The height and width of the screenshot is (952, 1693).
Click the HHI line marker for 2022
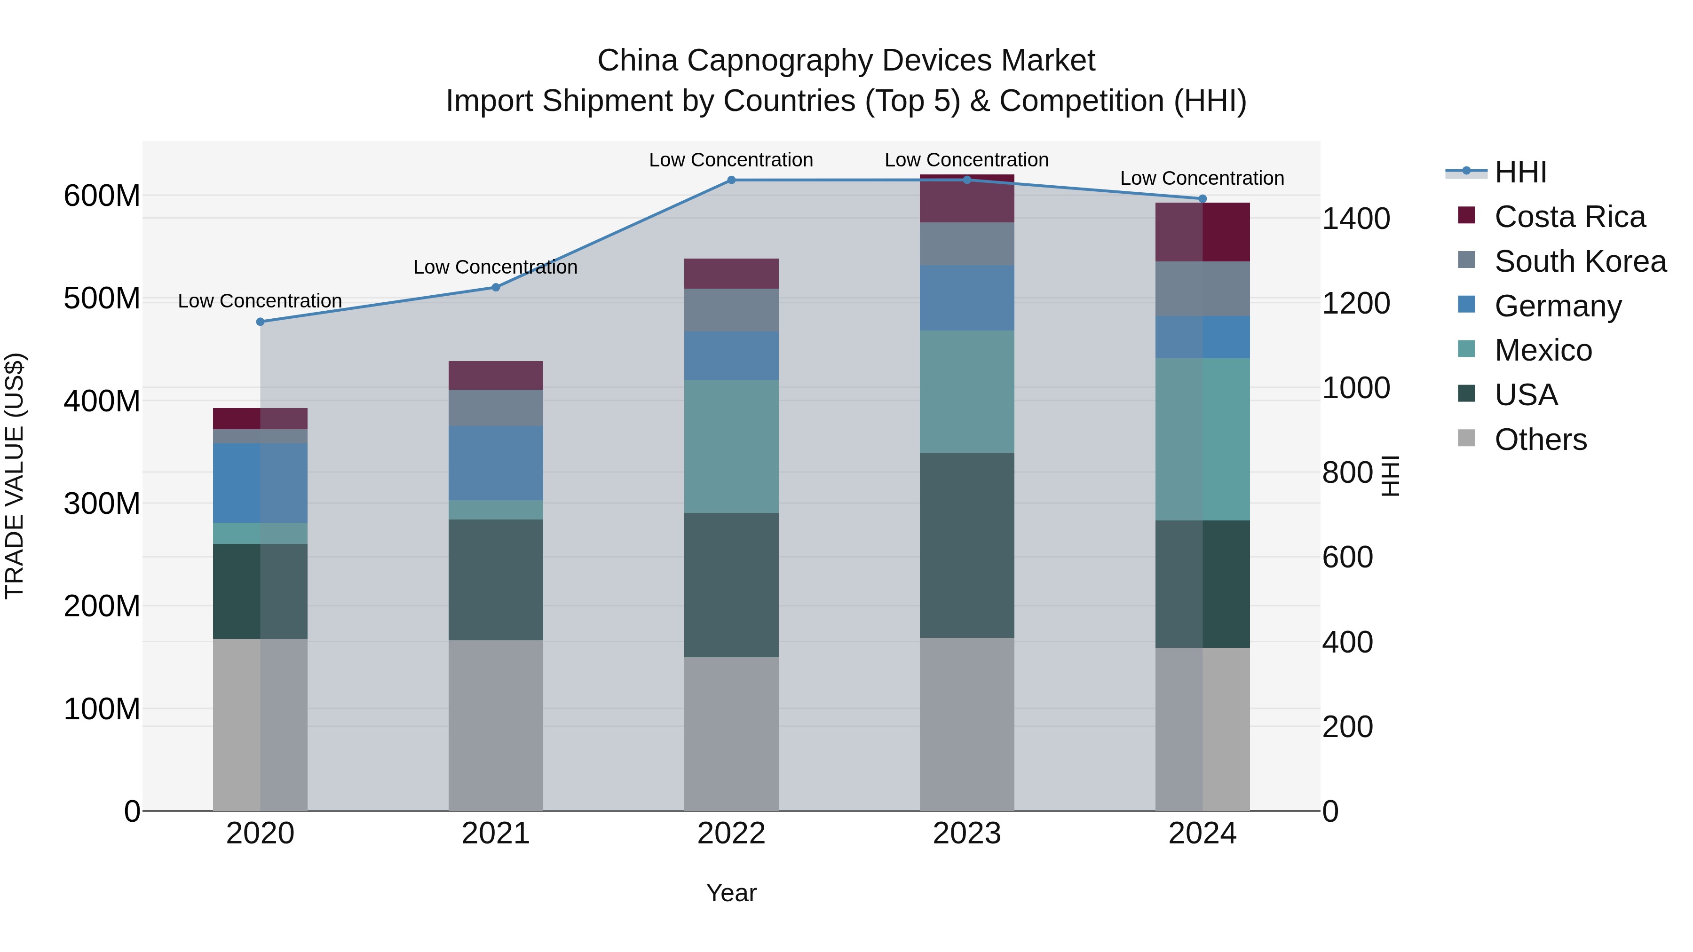[x=731, y=180]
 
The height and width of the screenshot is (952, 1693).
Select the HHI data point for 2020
[x=260, y=322]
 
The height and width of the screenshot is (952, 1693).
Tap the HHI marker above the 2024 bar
[x=1203, y=198]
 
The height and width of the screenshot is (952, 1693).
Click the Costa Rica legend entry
[x=1569, y=217]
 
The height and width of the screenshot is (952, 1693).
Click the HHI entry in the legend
[x=1519, y=172]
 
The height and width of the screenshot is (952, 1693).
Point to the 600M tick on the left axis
[x=102, y=196]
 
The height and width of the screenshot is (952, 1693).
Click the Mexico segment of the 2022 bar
[x=731, y=447]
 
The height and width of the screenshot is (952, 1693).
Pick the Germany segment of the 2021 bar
[x=496, y=463]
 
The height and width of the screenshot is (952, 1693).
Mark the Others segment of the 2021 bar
[x=496, y=725]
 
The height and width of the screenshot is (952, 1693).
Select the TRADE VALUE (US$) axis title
[x=15, y=476]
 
